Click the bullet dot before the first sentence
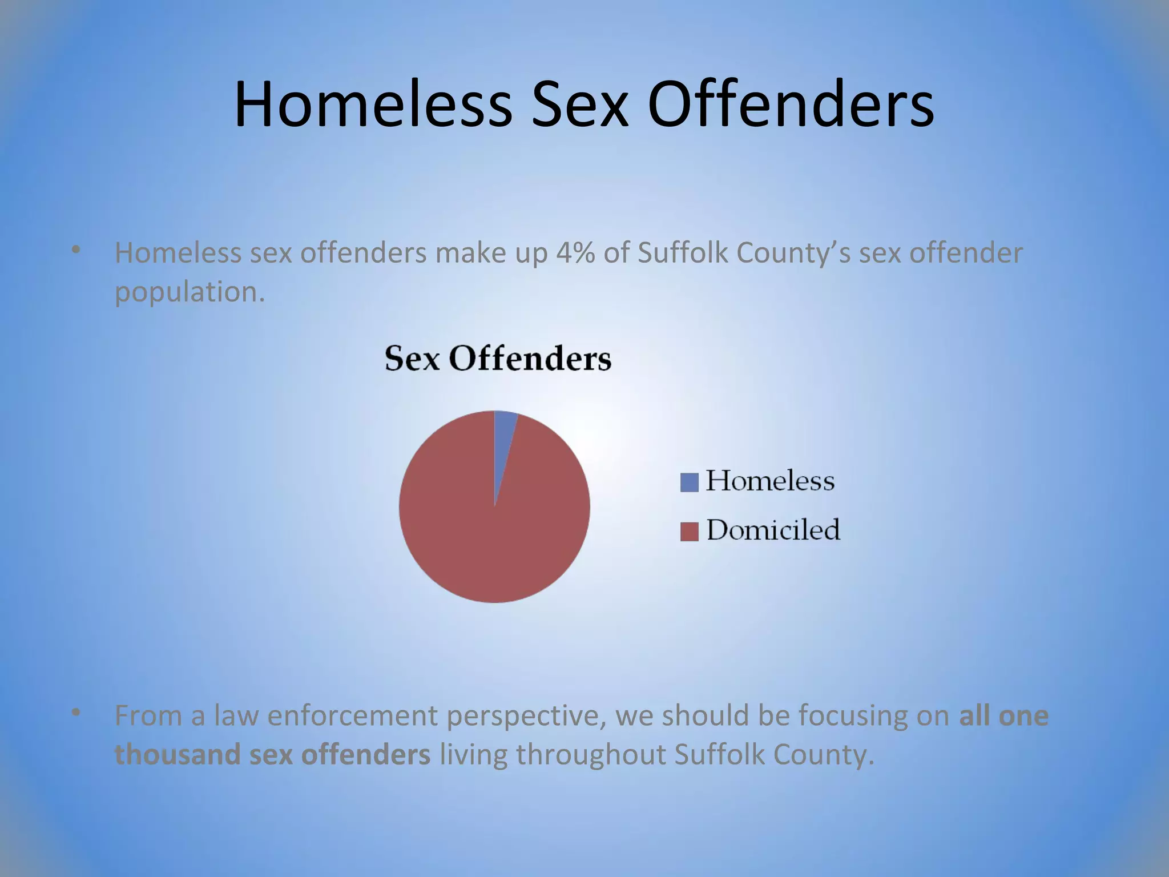pyautogui.click(x=75, y=250)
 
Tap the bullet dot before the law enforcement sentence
pyautogui.click(x=75, y=713)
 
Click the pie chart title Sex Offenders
pyautogui.click(x=498, y=359)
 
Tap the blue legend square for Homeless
pyautogui.click(x=689, y=482)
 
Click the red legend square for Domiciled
pyautogui.click(x=689, y=532)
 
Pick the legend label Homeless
pyautogui.click(x=770, y=481)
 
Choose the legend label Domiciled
pyautogui.click(x=773, y=530)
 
